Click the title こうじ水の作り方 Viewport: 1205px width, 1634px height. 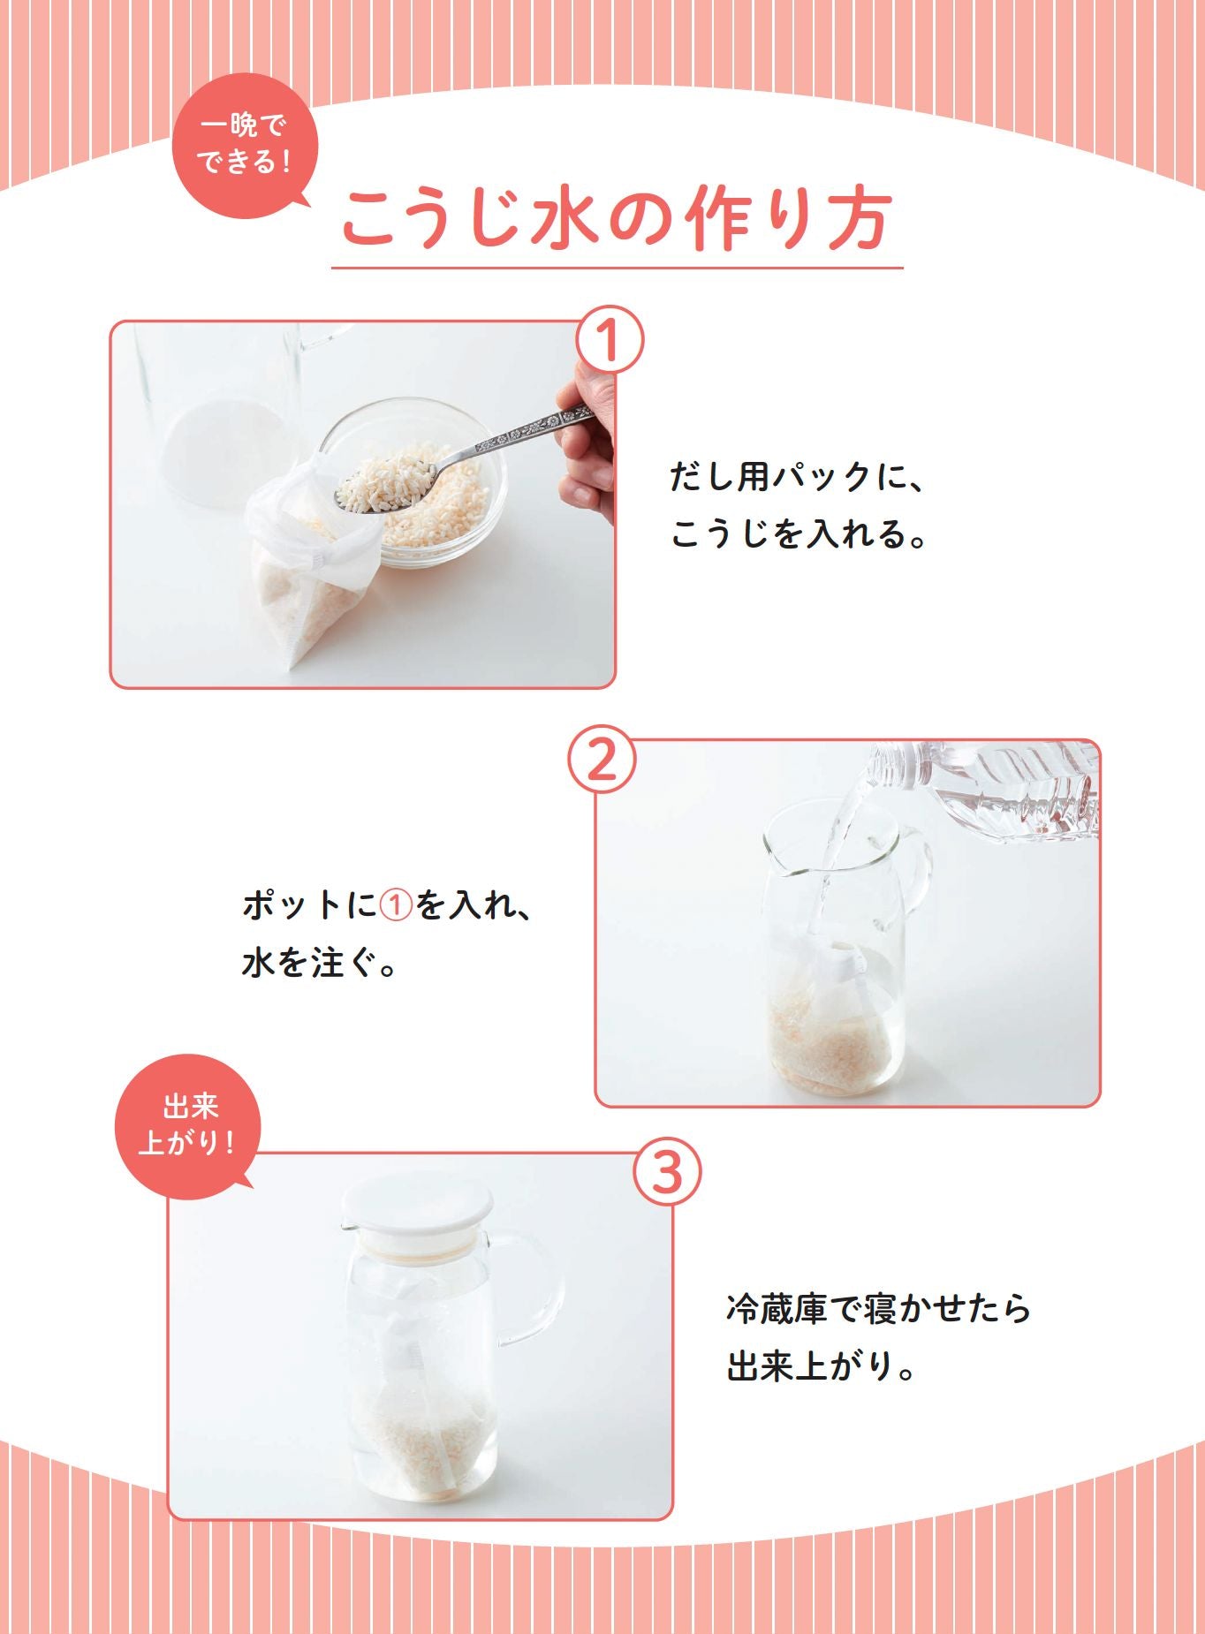pos(616,219)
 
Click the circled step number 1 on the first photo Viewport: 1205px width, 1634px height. pos(609,340)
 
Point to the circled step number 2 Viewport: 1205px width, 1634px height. pos(601,759)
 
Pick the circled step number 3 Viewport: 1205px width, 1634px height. pos(668,1172)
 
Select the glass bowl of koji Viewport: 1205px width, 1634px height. pos(442,495)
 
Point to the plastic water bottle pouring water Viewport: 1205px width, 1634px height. pos(1007,786)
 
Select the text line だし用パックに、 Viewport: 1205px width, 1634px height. pos(795,477)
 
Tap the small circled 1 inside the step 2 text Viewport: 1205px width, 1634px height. pos(397,906)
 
